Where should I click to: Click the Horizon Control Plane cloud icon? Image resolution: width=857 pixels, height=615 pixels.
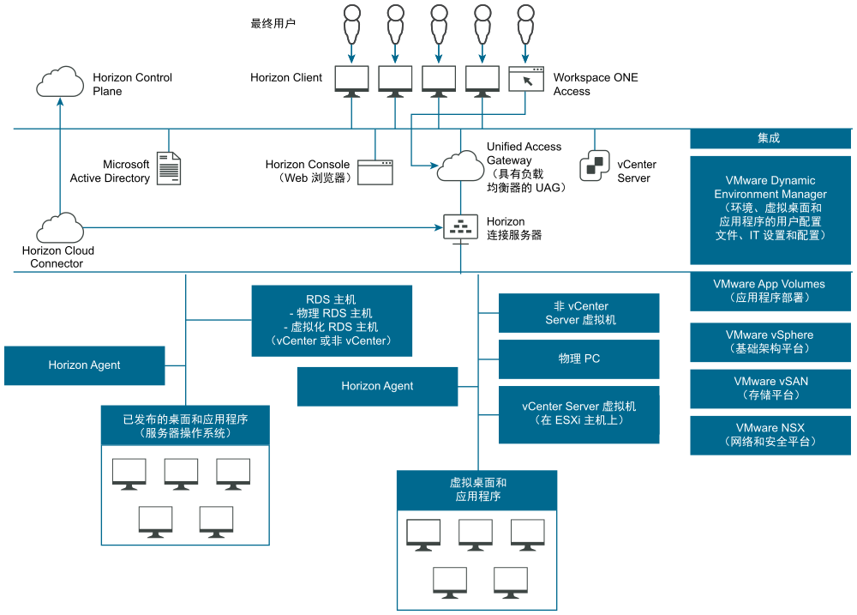point(60,83)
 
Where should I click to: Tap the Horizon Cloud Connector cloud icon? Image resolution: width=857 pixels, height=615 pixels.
point(60,229)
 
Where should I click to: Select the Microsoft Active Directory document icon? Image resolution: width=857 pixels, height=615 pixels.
point(169,168)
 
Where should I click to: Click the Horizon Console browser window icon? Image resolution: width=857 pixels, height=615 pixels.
point(375,172)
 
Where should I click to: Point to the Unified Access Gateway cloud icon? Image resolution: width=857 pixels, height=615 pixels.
point(460,166)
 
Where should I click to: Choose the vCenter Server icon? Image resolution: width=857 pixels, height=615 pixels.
point(595,166)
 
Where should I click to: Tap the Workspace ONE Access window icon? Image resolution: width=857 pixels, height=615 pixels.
point(526,79)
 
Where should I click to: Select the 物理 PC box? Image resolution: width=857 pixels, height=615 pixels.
point(578,359)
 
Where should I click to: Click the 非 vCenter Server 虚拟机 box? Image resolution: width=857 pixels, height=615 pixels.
point(578,313)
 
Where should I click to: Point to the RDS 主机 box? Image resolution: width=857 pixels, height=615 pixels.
point(331,320)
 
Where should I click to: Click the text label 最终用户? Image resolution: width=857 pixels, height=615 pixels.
point(273,23)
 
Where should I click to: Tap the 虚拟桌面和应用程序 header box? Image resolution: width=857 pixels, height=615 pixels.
point(477,489)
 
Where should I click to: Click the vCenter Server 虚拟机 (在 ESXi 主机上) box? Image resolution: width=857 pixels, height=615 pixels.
point(578,413)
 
